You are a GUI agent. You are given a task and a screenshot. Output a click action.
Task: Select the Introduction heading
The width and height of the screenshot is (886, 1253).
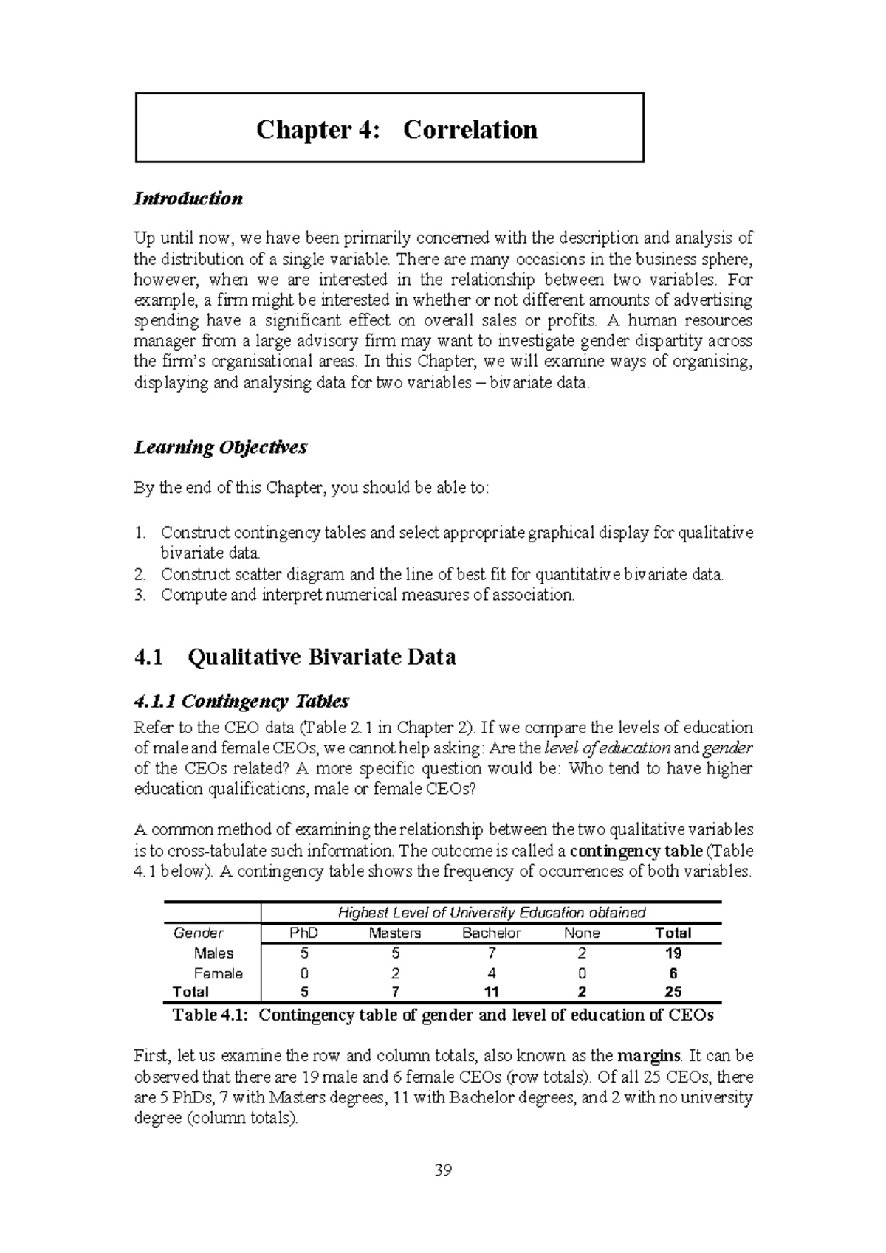pyautogui.click(x=188, y=199)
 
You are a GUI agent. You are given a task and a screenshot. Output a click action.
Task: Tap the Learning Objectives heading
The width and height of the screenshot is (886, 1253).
pyautogui.click(x=220, y=447)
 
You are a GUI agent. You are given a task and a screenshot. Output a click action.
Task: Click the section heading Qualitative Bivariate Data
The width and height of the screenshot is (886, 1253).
pyautogui.click(x=322, y=657)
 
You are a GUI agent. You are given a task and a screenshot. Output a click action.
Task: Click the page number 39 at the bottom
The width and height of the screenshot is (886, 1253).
pyautogui.click(x=443, y=1170)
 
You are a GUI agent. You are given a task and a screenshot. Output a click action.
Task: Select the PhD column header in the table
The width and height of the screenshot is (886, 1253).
pyautogui.click(x=303, y=933)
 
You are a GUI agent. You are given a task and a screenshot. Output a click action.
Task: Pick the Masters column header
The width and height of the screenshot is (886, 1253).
pyautogui.click(x=394, y=933)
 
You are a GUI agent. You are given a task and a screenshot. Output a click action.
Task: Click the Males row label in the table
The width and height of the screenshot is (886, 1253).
pyautogui.click(x=213, y=953)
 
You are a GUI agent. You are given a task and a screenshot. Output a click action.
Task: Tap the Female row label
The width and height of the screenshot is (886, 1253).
pyautogui.click(x=218, y=973)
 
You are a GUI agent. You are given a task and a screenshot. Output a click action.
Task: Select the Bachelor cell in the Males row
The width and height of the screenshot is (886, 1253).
pyautogui.click(x=492, y=953)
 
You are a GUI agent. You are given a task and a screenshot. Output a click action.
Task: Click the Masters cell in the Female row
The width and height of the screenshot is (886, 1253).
pyautogui.click(x=395, y=973)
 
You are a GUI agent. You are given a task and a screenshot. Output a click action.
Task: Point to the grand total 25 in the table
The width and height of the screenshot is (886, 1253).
pyautogui.click(x=673, y=992)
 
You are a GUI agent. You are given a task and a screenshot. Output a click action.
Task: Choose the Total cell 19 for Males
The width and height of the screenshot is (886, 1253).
pyautogui.click(x=673, y=953)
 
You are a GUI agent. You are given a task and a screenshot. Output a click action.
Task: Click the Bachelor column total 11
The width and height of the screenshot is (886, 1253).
pyautogui.click(x=492, y=992)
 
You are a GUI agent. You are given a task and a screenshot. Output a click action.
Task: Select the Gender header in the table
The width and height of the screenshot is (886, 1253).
pyautogui.click(x=198, y=933)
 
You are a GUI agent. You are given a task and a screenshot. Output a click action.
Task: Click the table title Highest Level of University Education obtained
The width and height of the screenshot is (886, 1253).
pyautogui.click(x=491, y=913)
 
